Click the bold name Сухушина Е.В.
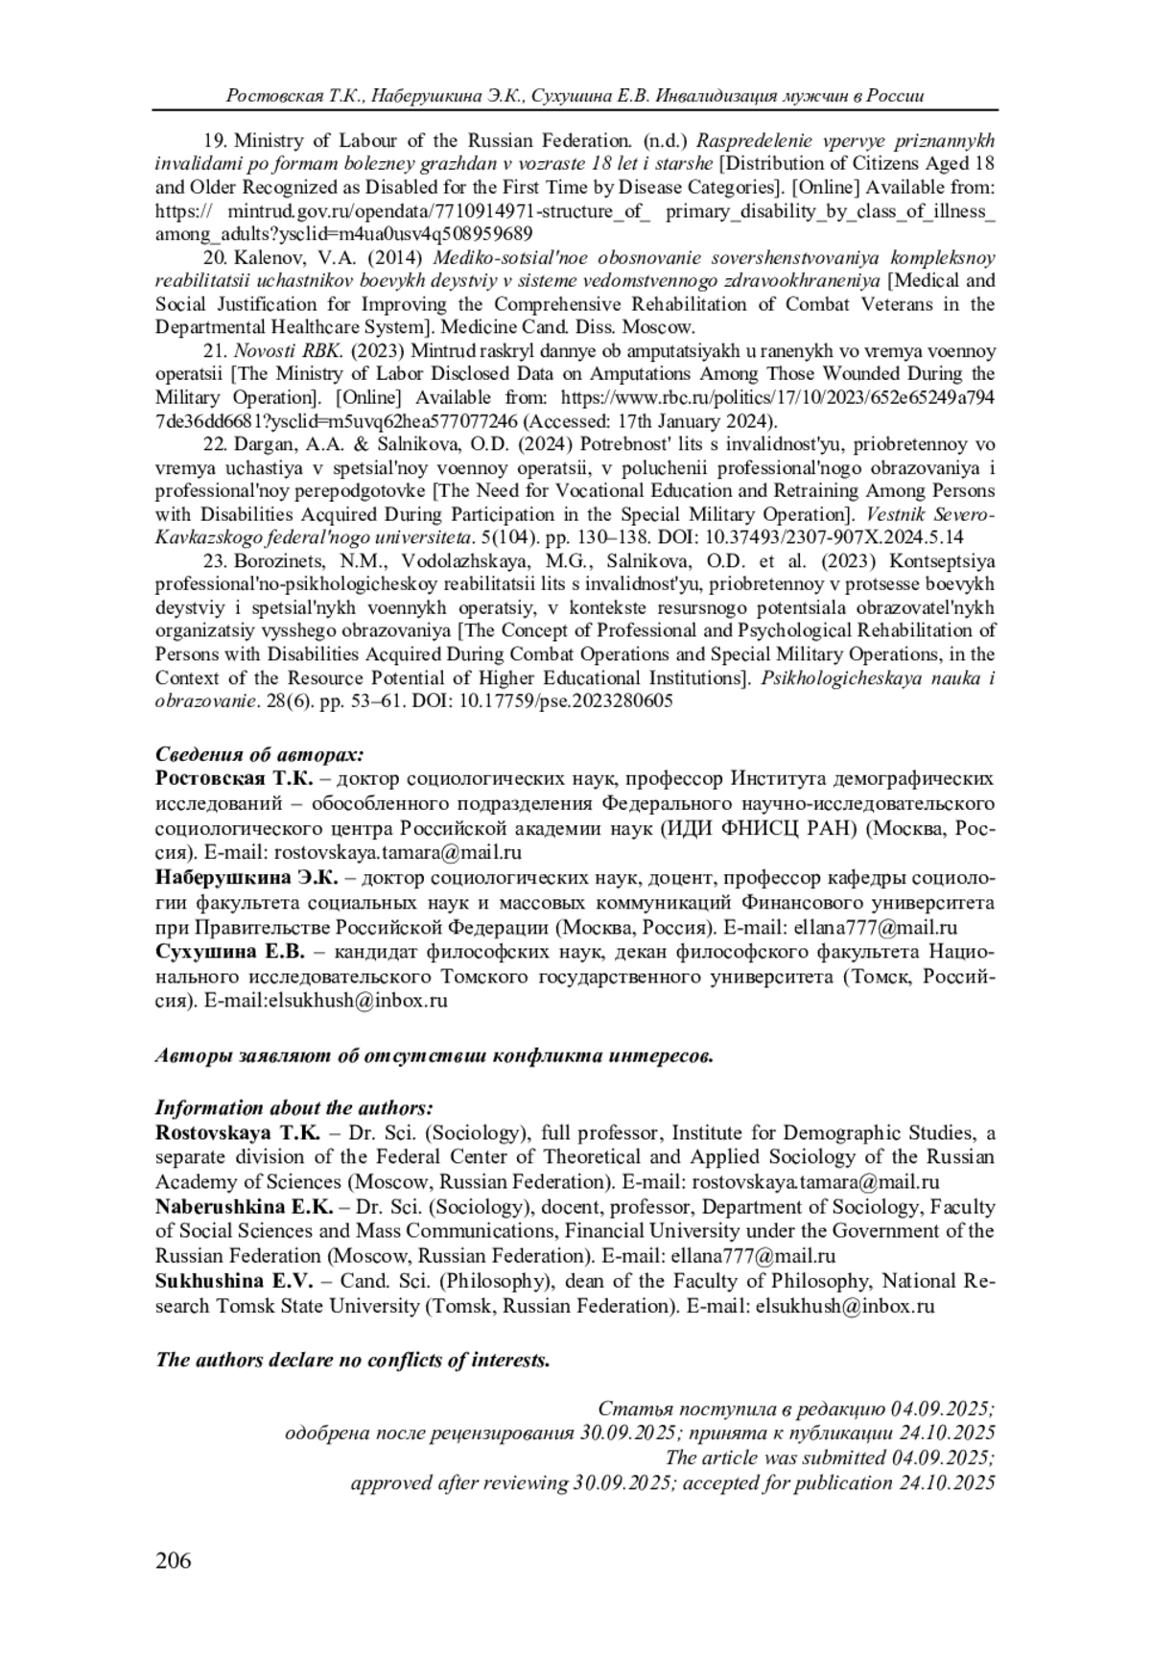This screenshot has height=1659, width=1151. [x=229, y=953]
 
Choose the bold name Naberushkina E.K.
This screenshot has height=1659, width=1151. [x=244, y=1207]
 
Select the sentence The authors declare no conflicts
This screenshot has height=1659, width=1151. [x=353, y=1360]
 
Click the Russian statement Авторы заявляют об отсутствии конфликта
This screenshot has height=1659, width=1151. [x=435, y=1057]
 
